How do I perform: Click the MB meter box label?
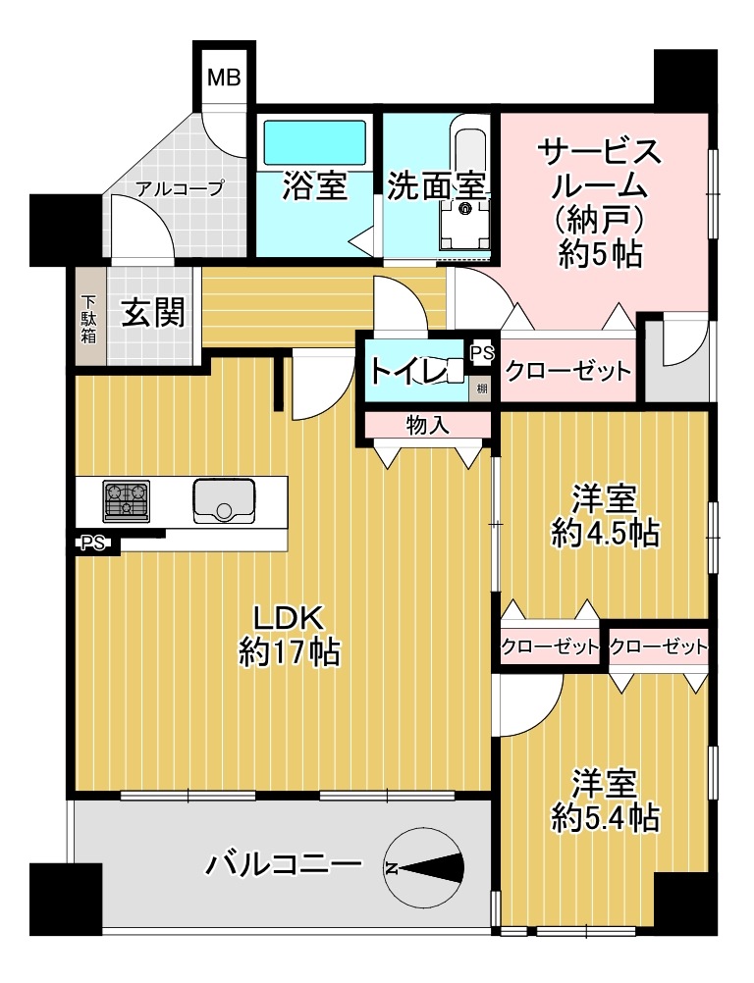[x=224, y=79]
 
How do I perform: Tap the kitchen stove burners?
[x=127, y=501]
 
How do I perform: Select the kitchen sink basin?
[x=224, y=501]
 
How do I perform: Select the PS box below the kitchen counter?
[x=92, y=543]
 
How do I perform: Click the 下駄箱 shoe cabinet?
[x=89, y=317]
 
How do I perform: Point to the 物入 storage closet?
[x=428, y=425]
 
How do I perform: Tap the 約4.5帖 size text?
[x=606, y=535]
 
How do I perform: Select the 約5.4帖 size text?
[x=606, y=818]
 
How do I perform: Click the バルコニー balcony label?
[x=285, y=866]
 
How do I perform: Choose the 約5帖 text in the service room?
[x=600, y=254]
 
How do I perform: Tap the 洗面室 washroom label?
[x=437, y=186]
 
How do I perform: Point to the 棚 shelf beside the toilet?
[x=482, y=388]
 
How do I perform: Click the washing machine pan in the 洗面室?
[x=464, y=225]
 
